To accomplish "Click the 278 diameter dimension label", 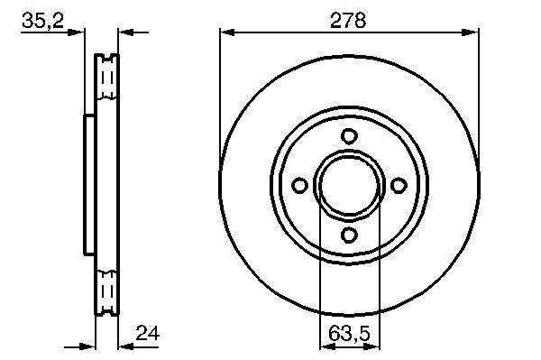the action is click(x=348, y=21).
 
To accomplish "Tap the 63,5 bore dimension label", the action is click(x=349, y=334).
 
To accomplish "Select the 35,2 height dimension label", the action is click(x=42, y=21).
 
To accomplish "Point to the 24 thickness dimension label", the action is click(x=148, y=334).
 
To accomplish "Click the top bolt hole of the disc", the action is click(x=349, y=135).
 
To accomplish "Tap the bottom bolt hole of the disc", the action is click(x=349, y=235).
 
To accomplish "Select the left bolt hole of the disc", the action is click(x=299, y=185).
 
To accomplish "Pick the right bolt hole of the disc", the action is click(x=399, y=185).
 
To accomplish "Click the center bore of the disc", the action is click(x=349, y=185).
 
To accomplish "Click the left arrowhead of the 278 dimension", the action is click(x=227, y=32).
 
